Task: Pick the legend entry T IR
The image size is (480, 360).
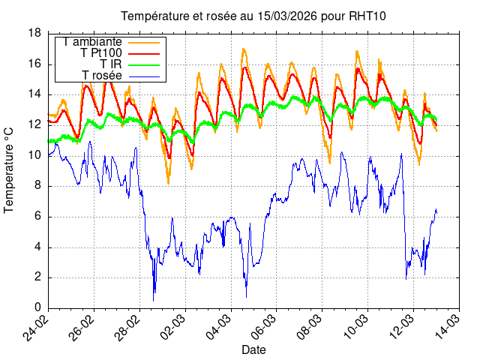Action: coord(110,64)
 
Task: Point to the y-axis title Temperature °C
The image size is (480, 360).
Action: coord(10,169)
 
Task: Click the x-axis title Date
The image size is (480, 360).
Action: coord(253,349)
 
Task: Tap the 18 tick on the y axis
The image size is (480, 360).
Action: coord(34,33)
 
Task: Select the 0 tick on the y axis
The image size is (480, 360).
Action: coord(37,308)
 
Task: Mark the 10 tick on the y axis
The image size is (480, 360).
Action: coord(34,155)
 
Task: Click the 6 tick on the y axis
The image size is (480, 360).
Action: coord(37,217)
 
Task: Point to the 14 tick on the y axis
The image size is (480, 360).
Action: coord(34,94)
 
